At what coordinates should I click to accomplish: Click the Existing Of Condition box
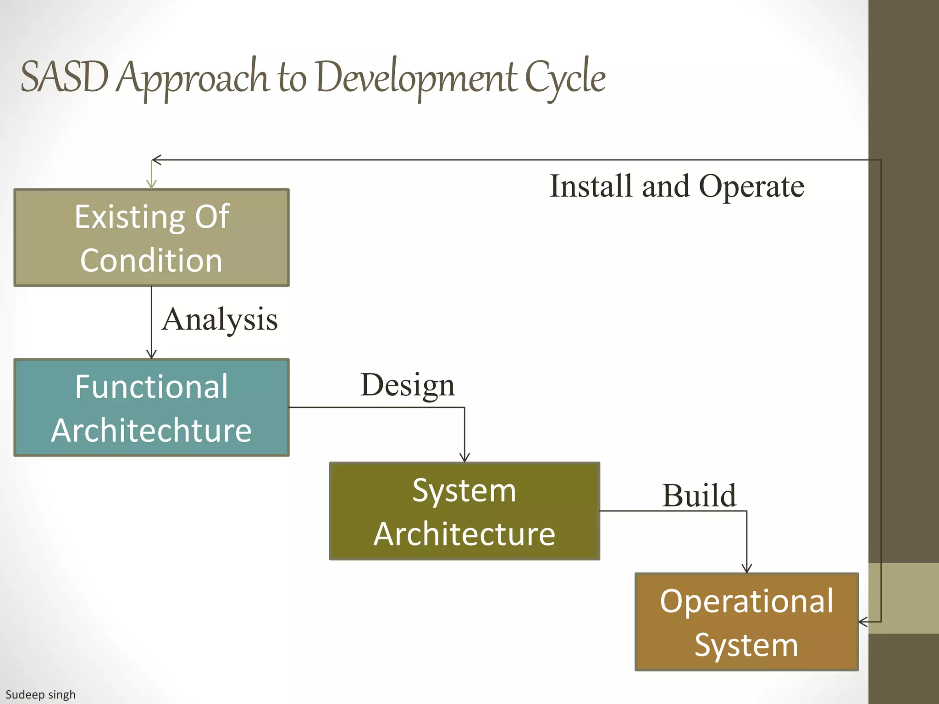pyautogui.click(x=151, y=237)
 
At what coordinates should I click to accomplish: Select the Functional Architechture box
pyautogui.click(x=151, y=407)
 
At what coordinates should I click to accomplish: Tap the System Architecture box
pyautogui.click(x=464, y=511)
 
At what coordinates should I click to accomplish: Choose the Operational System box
pyautogui.click(x=746, y=622)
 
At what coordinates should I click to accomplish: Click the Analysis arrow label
pyautogui.click(x=220, y=319)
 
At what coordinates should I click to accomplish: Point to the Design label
pyautogui.click(x=408, y=385)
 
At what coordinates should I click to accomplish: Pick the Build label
pyautogui.click(x=699, y=495)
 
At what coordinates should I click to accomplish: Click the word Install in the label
pyautogui.click(x=591, y=186)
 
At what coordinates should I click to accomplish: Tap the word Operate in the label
pyautogui.click(x=751, y=186)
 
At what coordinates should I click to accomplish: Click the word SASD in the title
pyautogui.click(x=65, y=77)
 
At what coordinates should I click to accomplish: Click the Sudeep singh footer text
pyautogui.click(x=40, y=694)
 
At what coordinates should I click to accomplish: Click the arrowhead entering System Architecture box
pyautogui.click(x=464, y=458)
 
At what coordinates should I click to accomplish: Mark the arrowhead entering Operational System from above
pyautogui.click(x=746, y=569)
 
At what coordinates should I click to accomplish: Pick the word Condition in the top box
pyautogui.click(x=151, y=260)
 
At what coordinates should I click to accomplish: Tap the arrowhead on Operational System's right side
pyautogui.click(x=863, y=622)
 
